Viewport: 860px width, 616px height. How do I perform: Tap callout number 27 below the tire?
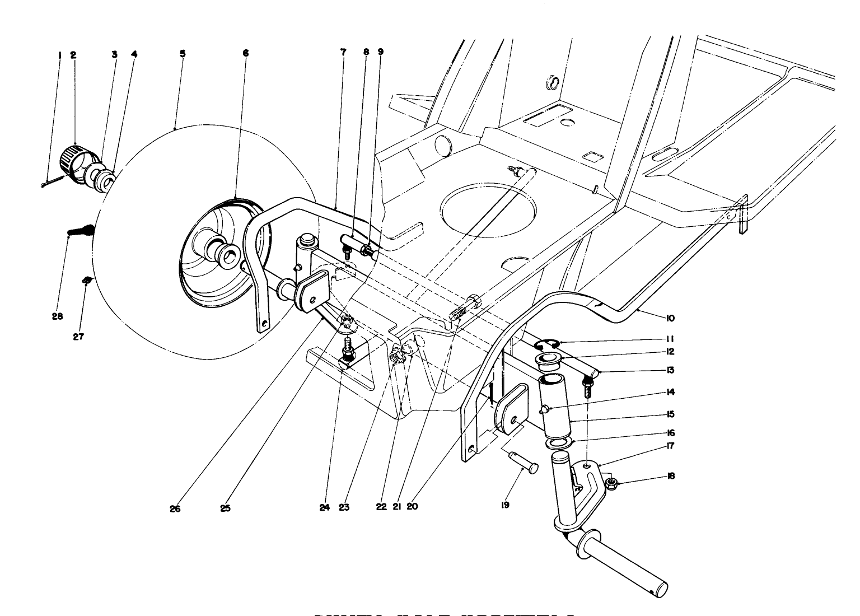pyautogui.click(x=78, y=337)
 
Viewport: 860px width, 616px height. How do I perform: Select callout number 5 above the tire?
pyautogui.click(x=183, y=54)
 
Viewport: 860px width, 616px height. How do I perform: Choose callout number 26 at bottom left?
pyautogui.click(x=175, y=509)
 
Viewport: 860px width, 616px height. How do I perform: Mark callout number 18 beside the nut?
pyautogui.click(x=671, y=476)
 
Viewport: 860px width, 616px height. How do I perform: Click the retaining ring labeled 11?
pyautogui.click(x=546, y=344)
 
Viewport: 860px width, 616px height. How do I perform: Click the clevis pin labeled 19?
pyautogui.click(x=524, y=463)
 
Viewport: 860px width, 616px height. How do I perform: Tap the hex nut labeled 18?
pyautogui.click(x=613, y=482)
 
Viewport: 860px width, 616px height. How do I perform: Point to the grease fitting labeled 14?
pyautogui.click(x=544, y=411)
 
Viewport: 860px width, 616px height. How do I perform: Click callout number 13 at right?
pyautogui.click(x=670, y=370)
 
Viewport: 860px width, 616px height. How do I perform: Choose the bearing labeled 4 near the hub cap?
pyautogui.click(x=106, y=181)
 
